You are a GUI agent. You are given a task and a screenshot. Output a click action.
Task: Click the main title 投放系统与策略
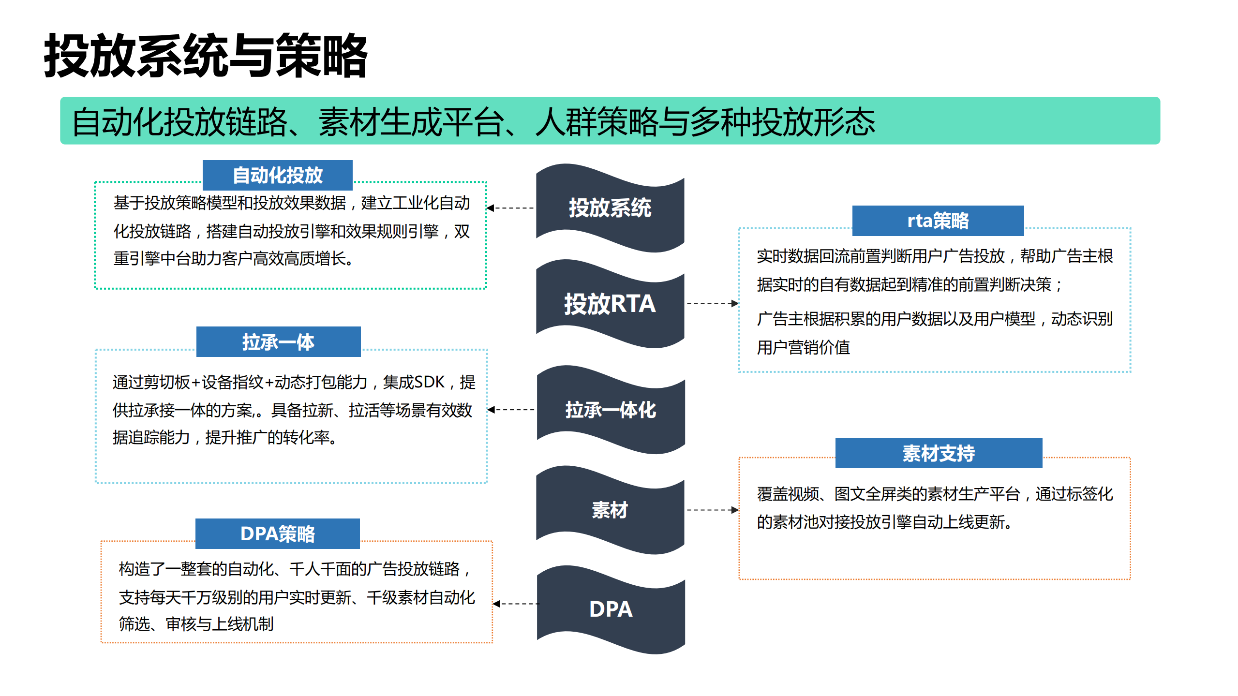pos(206,56)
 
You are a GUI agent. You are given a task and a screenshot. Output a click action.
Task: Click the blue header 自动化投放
pos(277,175)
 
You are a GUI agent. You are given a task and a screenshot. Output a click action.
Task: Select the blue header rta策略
pos(938,221)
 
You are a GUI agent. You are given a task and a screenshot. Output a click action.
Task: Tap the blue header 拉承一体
pos(278,342)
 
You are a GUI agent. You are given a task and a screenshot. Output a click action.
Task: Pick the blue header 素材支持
pos(938,453)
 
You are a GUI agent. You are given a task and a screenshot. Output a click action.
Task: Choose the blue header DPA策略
pos(277,533)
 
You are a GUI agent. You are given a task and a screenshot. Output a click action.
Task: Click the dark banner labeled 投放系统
pos(610,208)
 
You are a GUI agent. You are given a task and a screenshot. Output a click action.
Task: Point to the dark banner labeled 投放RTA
pos(610,304)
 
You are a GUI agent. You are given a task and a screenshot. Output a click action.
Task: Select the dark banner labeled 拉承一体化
pos(611,410)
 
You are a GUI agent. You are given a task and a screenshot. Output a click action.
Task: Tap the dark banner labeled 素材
pos(610,510)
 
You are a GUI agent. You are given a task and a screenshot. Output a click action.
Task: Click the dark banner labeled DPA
pos(611,609)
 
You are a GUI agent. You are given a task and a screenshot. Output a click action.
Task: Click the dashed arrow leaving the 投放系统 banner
pos(511,208)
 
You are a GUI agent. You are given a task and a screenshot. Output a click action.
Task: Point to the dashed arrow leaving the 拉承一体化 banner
pos(511,410)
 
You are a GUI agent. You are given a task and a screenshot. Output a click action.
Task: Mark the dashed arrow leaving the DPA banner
pos(516,604)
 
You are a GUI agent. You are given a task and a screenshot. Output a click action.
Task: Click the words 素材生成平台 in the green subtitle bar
pos(411,122)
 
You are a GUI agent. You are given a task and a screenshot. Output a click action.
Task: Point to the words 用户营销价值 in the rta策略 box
pos(803,347)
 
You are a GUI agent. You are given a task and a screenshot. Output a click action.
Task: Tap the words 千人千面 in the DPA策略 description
pos(320,569)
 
